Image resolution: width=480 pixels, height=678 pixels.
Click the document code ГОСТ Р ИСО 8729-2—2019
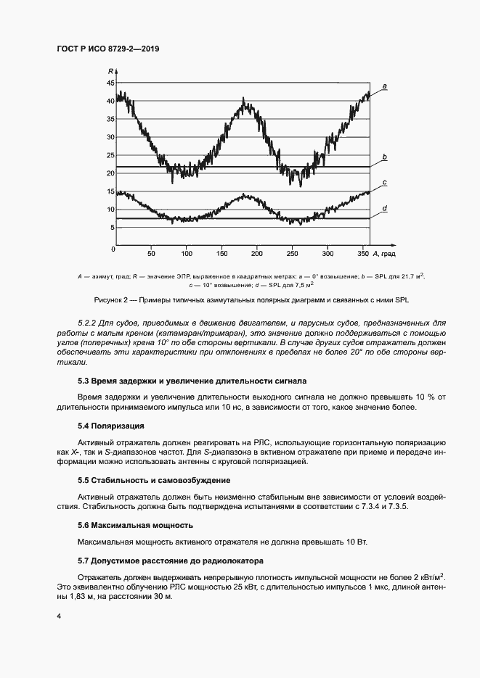pos(107,49)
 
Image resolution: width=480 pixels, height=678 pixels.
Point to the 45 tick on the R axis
pos(110,83)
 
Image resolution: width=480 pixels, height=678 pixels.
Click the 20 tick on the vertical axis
pos(110,173)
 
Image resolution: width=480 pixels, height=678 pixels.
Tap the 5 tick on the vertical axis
pos(113,228)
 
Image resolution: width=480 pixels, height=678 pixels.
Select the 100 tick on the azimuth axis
pos(187,255)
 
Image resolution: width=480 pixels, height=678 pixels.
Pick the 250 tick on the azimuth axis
pos(293,255)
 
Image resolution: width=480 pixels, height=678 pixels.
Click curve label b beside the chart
pos(384,157)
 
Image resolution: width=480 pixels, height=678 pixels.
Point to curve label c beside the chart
pos(384,183)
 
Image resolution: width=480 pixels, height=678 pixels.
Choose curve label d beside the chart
pos(384,209)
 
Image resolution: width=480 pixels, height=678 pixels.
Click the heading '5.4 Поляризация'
pos(110,426)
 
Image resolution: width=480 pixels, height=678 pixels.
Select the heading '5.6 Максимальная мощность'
pos(135,524)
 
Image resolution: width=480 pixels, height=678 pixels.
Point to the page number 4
pos(58,616)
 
